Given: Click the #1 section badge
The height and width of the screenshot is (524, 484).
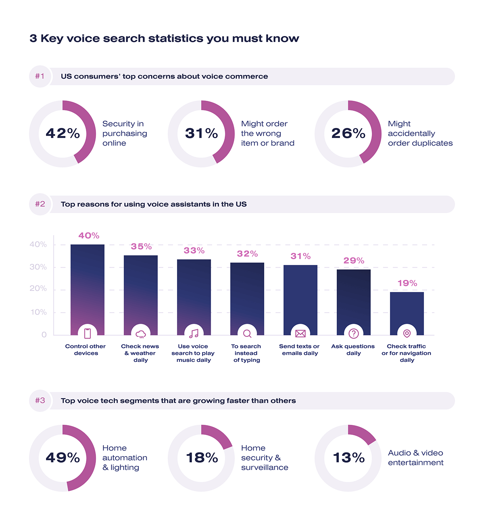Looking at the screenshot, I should click(40, 76).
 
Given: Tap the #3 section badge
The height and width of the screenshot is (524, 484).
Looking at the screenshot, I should click(40, 401).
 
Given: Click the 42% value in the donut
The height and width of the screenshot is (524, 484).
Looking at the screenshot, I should click(63, 134).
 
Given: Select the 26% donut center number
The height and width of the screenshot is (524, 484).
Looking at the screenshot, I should click(348, 134).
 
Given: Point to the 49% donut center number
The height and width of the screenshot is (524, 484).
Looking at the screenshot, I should click(63, 458).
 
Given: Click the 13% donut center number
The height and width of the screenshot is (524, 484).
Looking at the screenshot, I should click(348, 458).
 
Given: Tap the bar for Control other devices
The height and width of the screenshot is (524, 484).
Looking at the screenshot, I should click(88, 282).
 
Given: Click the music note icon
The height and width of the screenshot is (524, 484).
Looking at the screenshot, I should click(194, 334).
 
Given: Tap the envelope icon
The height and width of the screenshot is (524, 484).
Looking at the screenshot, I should click(300, 334).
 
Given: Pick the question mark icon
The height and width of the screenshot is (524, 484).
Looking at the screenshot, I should click(354, 334).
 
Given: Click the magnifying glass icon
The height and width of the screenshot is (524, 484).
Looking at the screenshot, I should click(247, 334).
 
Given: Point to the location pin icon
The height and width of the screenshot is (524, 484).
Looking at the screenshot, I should click(407, 334).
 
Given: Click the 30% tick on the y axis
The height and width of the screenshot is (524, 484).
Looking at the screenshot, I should click(38, 267).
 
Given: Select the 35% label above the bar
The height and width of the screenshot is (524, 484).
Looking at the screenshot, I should click(141, 246).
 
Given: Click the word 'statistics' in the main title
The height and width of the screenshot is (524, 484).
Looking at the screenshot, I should click(176, 39).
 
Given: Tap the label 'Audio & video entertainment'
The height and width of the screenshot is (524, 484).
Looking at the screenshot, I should click(415, 458).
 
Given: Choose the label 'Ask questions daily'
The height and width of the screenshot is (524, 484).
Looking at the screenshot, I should click(353, 350).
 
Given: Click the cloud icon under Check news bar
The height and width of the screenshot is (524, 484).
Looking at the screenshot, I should click(141, 334).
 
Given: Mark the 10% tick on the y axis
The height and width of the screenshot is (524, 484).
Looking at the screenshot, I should click(38, 312).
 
